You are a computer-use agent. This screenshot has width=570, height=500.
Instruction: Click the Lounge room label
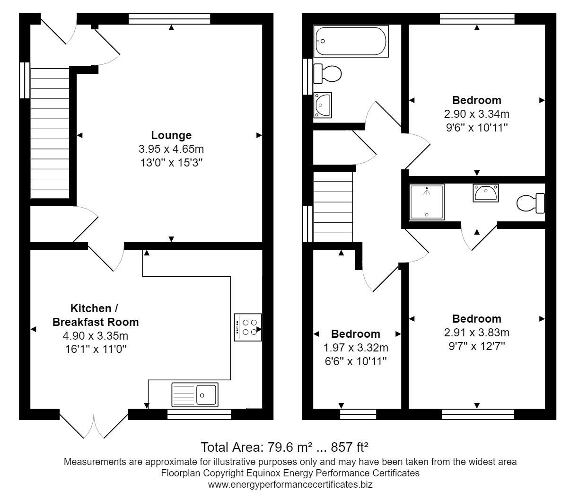click(x=171, y=135)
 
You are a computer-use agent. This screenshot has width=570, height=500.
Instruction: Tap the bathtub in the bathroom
click(x=351, y=41)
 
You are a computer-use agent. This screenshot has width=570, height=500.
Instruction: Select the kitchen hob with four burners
click(x=247, y=327)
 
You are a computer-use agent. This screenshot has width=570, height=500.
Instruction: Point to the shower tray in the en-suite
click(x=427, y=202)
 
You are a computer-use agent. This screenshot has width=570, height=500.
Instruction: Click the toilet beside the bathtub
click(x=327, y=74)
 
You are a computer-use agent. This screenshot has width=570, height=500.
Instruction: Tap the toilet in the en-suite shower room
click(x=530, y=203)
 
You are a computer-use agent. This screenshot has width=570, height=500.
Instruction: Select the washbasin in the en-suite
click(x=486, y=193)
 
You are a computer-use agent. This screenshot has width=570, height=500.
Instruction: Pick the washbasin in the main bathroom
click(x=323, y=105)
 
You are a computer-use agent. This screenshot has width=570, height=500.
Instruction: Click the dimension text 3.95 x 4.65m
click(x=171, y=149)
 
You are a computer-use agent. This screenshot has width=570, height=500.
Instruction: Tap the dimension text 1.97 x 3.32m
click(x=356, y=348)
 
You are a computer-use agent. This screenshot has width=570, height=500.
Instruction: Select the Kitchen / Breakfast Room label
click(x=96, y=315)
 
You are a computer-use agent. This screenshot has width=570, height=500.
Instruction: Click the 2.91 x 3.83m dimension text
click(x=477, y=333)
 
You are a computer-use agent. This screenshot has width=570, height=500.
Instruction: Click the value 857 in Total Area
click(x=341, y=447)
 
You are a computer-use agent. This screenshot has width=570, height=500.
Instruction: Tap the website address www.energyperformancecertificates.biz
click(x=290, y=484)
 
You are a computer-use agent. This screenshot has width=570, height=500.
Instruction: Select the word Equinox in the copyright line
click(x=263, y=473)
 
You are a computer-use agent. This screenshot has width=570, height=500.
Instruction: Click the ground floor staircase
click(x=50, y=133)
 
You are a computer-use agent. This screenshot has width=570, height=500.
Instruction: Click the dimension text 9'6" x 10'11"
click(x=477, y=128)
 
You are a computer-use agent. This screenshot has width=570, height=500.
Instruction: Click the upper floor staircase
click(x=333, y=207)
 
